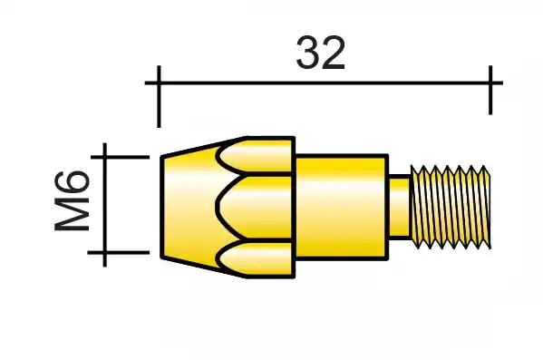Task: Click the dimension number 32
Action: [x=321, y=53]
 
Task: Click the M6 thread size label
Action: [x=72, y=201]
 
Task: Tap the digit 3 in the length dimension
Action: [x=308, y=53]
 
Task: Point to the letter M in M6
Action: [x=72, y=214]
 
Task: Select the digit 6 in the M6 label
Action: [x=72, y=182]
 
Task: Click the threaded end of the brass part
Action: [x=451, y=207]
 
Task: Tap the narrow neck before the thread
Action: [x=399, y=207]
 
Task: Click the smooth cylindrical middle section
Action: [x=342, y=207]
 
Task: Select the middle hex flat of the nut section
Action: [x=256, y=207]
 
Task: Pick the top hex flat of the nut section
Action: [x=257, y=154]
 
